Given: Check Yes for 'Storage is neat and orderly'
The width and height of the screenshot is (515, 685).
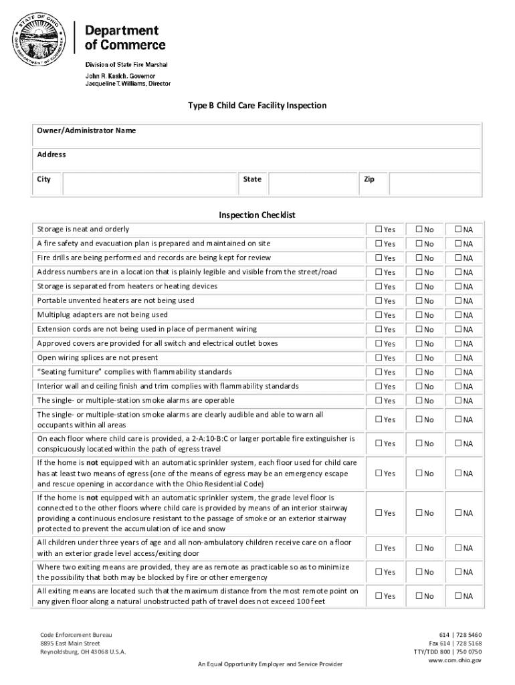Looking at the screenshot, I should tap(379, 229).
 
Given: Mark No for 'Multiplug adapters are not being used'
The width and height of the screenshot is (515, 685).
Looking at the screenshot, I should tap(419, 315).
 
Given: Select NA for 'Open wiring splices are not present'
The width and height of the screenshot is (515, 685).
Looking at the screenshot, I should tap(459, 358).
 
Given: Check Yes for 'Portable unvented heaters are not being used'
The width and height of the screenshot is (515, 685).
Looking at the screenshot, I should tap(379, 301).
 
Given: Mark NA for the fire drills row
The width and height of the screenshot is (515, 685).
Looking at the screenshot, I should tap(459, 258).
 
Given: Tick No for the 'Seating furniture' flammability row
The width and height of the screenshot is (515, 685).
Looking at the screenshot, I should tap(419, 372).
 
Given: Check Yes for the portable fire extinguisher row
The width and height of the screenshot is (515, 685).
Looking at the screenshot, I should tap(379, 444).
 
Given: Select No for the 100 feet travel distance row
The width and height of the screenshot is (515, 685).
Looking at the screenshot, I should tap(419, 596).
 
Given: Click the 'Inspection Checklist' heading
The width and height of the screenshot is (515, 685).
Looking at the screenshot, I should tap(257, 215).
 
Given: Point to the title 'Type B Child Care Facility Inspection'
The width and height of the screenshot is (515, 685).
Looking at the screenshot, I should tap(257, 106).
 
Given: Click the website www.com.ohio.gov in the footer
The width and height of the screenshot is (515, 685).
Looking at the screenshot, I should tap(455, 660).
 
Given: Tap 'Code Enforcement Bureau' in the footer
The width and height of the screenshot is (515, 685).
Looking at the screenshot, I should tap(76, 634).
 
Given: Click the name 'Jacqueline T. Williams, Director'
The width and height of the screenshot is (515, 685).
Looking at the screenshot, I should tap(127, 84).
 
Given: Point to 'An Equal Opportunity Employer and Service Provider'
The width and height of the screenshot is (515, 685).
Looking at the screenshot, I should tap(266, 664).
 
